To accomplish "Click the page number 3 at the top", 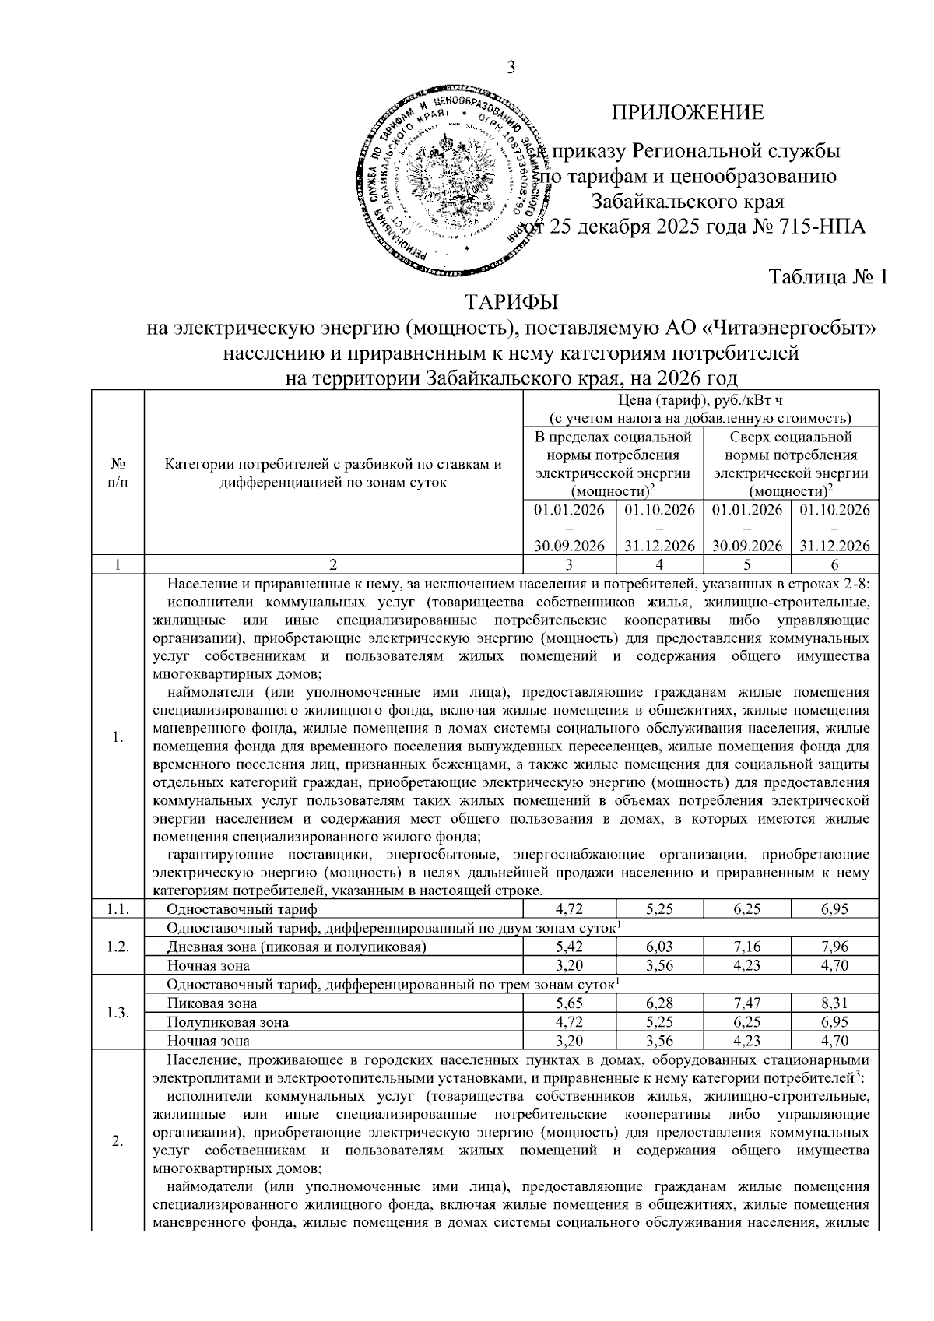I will click(x=511, y=68).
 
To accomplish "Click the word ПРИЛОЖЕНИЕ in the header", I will click(x=687, y=113).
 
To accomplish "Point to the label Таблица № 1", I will click(x=828, y=277).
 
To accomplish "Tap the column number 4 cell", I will click(x=658, y=565).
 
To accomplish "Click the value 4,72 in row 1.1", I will click(x=570, y=908).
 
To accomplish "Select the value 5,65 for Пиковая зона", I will click(x=570, y=1003).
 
